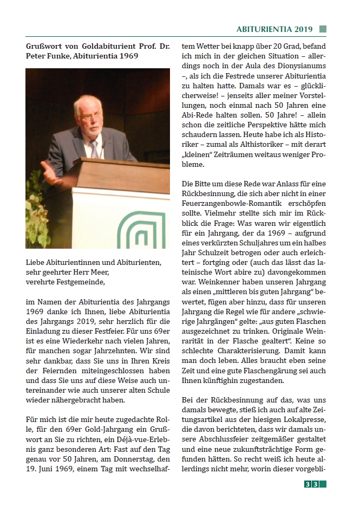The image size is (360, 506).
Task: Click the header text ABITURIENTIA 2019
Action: pyautogui.click(x=274, y=29)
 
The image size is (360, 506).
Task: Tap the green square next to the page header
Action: pyautogui.click(x=323, y=29)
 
